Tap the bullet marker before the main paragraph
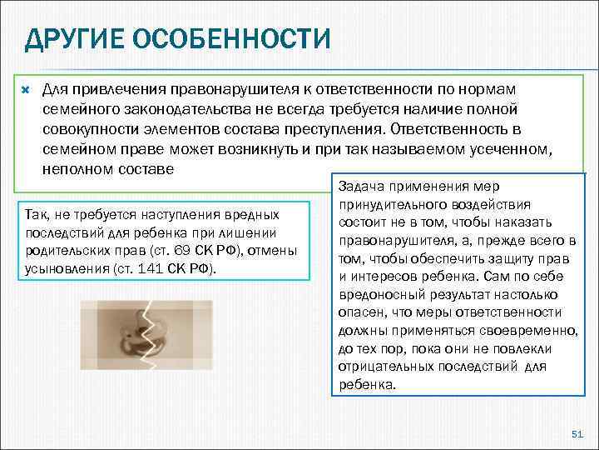point(25,87)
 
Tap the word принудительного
point(389,205)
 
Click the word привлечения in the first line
point(117,88)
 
